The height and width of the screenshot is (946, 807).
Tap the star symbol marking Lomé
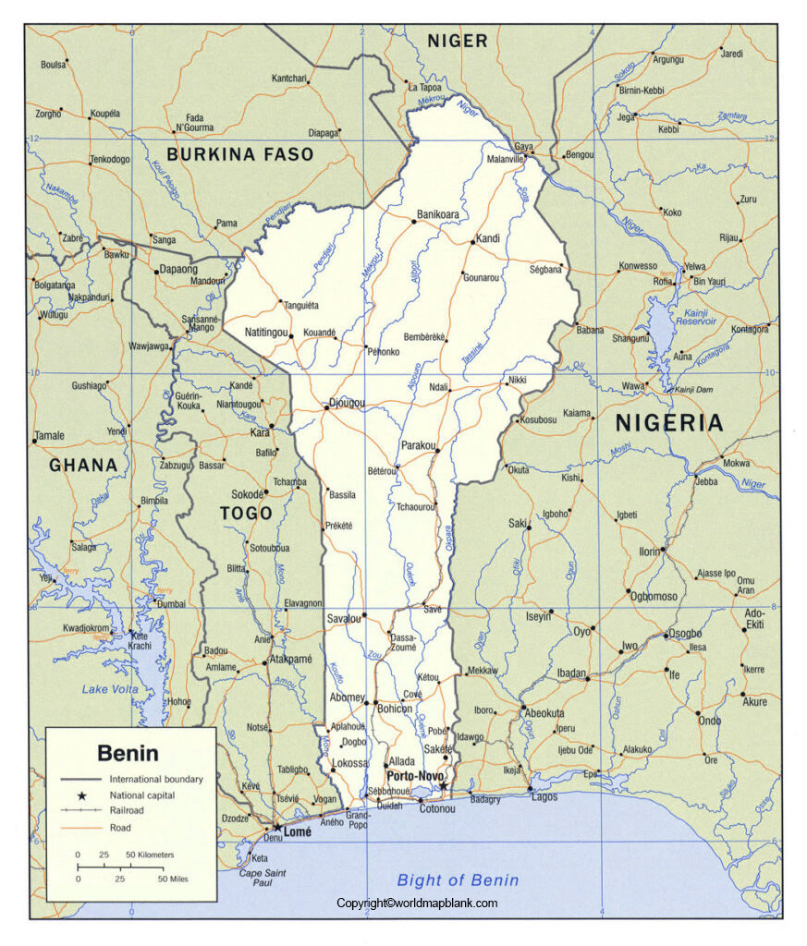pos(276,828)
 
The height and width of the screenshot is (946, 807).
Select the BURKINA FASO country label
pos(240,154)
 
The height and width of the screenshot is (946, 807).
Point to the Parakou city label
pos(418,445)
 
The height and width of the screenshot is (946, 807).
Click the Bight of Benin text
pos(458,879)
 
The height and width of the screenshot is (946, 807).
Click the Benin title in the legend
pos(128,753)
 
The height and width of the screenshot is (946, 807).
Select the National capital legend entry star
pos(80,795)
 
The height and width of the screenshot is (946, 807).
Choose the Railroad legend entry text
pos(128,810)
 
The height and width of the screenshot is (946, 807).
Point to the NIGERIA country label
pos(669,423)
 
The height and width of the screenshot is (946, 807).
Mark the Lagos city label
pos(544,796)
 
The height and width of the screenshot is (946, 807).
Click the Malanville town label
pos(506,160)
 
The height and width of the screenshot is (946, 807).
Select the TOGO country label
pos(246,513)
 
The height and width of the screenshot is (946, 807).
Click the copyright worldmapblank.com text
pos(417,904)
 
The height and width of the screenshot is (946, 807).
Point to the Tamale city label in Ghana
pos(49,435)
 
